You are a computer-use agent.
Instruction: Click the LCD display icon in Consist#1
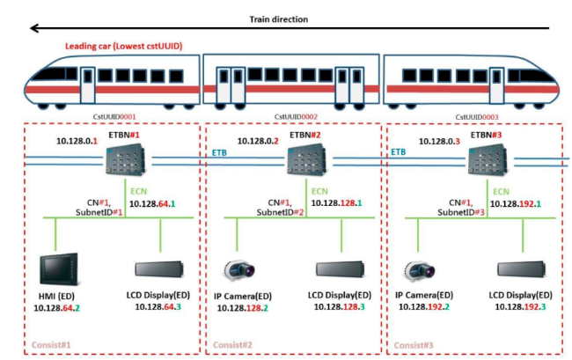pos(160,270)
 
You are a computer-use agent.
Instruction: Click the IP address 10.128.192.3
pos(524,305)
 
